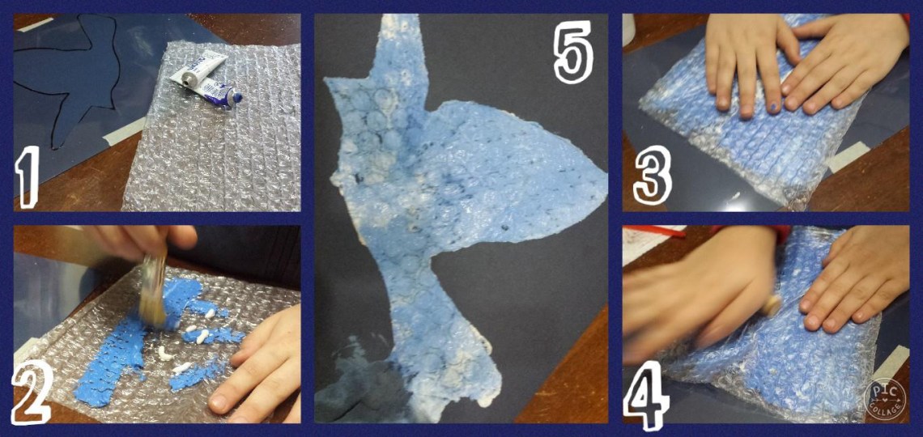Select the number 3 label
pyautogui.click(x=653, y=175)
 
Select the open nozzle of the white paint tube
pyautogui.click(x=186, y=84)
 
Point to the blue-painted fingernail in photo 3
pyautogui.click(x=774, y=108)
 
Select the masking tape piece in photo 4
pyautogui.click(x=891, y=363)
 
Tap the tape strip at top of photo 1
pyautogui.click(x=36, y=24)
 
